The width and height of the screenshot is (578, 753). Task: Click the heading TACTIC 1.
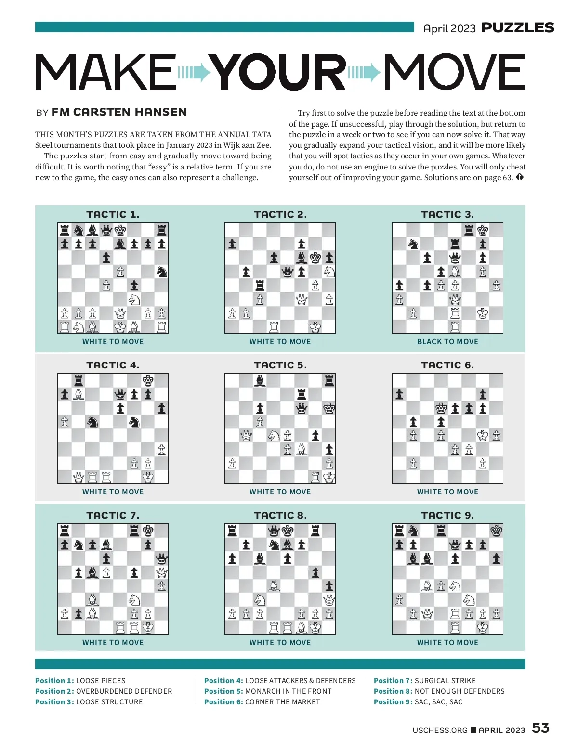(x=113, y=214)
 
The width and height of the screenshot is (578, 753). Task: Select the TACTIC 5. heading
(x=280, y=365)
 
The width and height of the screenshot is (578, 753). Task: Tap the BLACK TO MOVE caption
(x=447, y=341)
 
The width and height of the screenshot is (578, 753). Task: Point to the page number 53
(x=540, y=727)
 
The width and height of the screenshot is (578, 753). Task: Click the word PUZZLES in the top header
(x=518, y=28)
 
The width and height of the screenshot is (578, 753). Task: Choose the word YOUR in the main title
(x=279, y=72)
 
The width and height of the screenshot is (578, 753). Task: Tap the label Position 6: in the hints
(x=223, y=701)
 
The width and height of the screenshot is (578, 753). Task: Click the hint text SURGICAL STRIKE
(x=445, y=680)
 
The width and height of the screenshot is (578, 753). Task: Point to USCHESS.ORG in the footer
(x=440, y=730)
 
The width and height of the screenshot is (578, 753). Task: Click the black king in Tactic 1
(x=120, y=230)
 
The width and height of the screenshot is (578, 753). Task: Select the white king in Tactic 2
(x=315, y=327)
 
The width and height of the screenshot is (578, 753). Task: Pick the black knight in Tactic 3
(x=413, y=244)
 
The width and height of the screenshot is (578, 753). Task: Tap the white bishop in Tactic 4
(x=79, y=395)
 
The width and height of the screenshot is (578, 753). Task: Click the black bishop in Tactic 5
(x=260, y=381)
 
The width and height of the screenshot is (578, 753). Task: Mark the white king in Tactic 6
(x=483, y=436)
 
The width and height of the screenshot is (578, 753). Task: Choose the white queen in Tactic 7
(x=162, y=572)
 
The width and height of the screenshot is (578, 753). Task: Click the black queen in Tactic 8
(x=274, y=531)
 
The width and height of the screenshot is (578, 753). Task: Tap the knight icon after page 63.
(x=519, y=177)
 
